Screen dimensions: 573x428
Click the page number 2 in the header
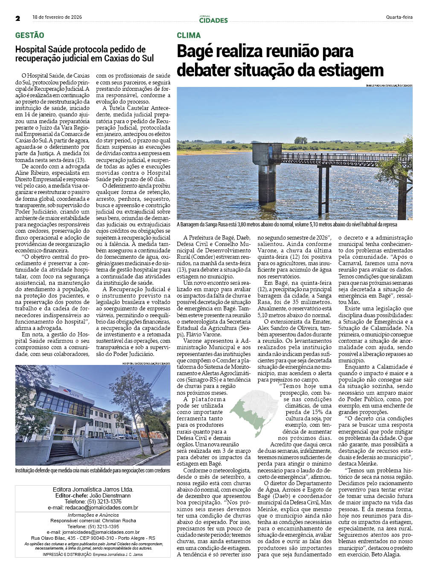point(18,18)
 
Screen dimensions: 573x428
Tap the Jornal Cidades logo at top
point(213,19)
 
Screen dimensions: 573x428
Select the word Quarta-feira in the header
point(399,17)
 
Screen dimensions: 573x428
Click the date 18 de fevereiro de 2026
point(57,17)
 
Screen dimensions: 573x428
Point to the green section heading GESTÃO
point(29,35)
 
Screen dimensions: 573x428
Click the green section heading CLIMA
point(189,35)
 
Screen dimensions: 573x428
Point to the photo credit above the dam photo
point(389,86)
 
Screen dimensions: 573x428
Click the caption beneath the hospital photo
point(93,471)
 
